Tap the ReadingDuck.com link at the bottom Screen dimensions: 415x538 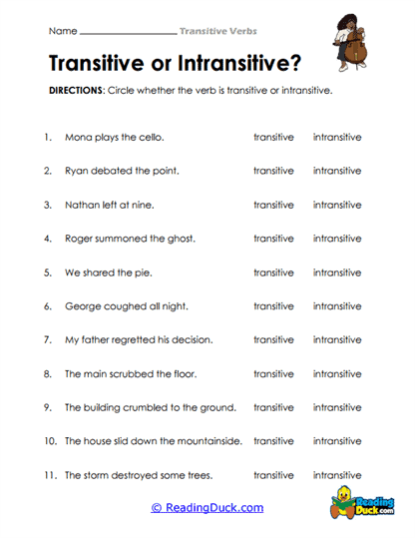click(x=207, y=508)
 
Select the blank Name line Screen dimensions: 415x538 click(x=126, y=32)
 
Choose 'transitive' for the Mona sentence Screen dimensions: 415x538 click(x=273, y=137)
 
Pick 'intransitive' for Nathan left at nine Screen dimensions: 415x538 click(x=337, y=205)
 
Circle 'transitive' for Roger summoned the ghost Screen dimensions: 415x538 click(x=273, y=239)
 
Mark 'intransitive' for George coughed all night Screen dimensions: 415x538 click(x=337, y=306)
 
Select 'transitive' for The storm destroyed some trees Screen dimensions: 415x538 click(x=273, y=475)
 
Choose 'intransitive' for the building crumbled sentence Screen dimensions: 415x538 click(x=337, y=407)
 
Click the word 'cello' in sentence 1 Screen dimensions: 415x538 click(x=151, y=137)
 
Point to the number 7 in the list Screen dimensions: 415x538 click(x=46, y=340)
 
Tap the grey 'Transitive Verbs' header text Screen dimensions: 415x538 click(x=216, y=32)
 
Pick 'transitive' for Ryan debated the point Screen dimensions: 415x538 click(x=273, y=171)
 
